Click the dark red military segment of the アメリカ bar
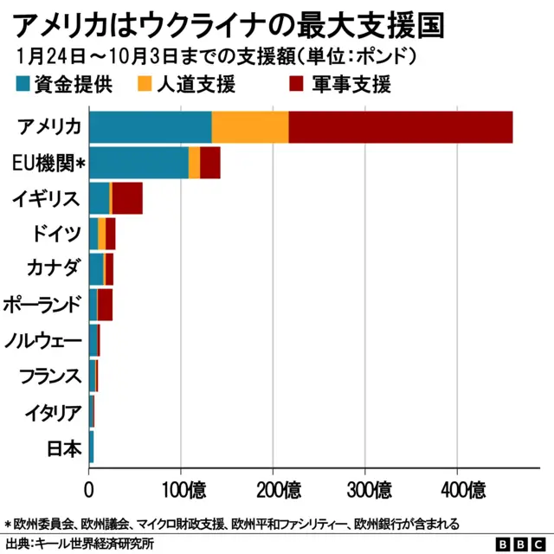400,127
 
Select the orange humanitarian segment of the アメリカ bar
250,127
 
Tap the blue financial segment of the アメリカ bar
151,127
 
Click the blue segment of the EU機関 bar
138,163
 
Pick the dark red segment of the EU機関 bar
210,163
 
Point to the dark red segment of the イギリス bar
127,198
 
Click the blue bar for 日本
91,448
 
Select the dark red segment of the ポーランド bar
105,305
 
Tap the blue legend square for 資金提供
23,84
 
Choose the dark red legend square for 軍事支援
294,84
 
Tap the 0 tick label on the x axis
89,490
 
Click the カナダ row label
54,269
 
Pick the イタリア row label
54,412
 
